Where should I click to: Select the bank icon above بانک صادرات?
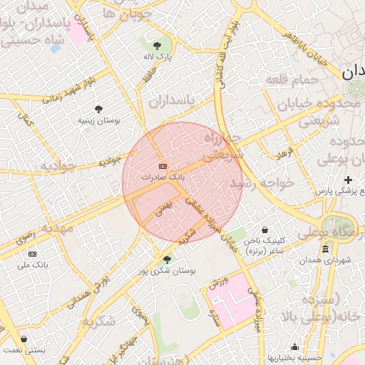163,165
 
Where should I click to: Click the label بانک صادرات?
163,175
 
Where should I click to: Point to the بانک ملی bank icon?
32,254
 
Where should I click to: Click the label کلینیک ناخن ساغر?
265,246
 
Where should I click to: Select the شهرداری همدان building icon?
325,249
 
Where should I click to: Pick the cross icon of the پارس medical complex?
348,180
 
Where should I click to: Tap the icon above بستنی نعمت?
24,339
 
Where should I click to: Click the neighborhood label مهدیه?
57,228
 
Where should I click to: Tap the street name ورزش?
218,283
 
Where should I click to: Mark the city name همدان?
352,72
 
